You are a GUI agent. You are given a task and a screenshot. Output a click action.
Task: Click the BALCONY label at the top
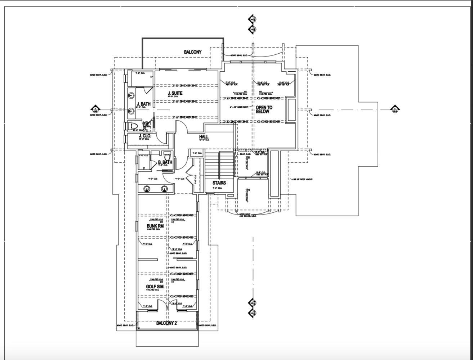tap(193, 52)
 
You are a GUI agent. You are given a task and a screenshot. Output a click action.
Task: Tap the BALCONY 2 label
tap(166, 323)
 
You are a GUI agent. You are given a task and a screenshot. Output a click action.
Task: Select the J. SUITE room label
tap(175, 94)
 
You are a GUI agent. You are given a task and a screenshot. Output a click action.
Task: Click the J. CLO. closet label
tap(145, 136)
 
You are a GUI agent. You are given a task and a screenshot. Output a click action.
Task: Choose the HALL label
tap(204, 137)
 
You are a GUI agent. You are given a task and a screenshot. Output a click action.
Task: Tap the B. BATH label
tap(165, 162)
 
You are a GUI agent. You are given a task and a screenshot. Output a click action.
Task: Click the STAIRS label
tap(219, 183)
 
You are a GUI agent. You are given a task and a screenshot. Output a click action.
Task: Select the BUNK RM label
tap(155, 226)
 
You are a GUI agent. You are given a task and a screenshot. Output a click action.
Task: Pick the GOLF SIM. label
tap(155, 287)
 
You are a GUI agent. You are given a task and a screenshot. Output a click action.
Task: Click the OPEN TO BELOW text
tap(264, 109)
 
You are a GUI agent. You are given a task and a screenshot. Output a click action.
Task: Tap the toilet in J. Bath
tap(133, 126)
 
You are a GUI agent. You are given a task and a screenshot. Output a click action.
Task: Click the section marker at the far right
tap(395, 109)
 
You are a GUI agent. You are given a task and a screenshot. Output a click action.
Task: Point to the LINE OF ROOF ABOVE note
tap(302, 179)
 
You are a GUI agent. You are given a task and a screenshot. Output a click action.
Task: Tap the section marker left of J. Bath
tap(95, 109)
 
